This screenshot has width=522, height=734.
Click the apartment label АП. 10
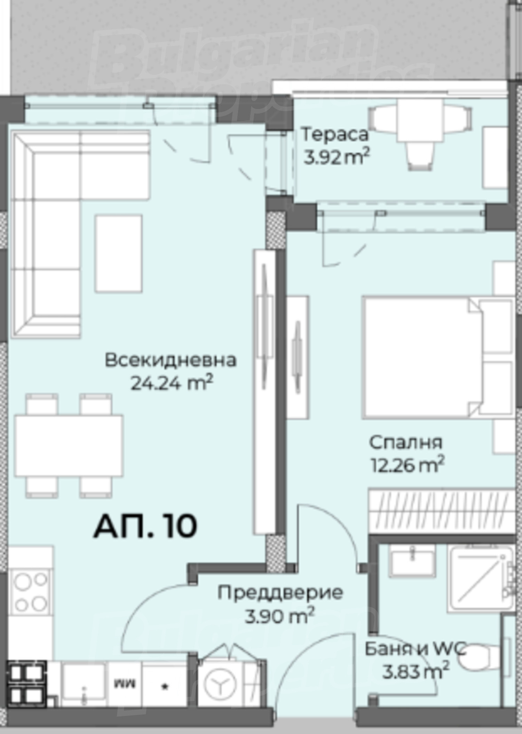[145, 526]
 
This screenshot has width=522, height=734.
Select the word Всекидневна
[171, 360]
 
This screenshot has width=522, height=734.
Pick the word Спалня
[406, 443]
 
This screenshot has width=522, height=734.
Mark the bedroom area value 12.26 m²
[408, 464]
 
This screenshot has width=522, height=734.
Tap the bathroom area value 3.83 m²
[416, 671]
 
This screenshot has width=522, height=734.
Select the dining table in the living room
[69, 446]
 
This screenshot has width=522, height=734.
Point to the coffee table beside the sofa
[119, 253]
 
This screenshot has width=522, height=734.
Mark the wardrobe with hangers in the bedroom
[441, 513]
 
